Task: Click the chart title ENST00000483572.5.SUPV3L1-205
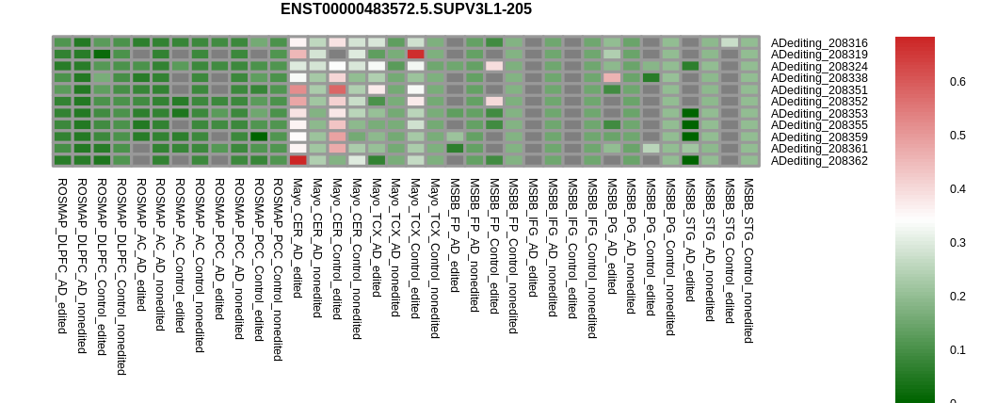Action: [406, 8]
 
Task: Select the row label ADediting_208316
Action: [819, 43]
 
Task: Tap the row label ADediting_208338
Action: [819, 78]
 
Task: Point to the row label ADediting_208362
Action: [819, 161]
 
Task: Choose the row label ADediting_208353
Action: [819, 114]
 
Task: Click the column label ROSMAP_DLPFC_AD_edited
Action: [62, 256]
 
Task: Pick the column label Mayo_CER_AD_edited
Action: [297, 238]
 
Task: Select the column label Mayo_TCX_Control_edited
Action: [414, 249]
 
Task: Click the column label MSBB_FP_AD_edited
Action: [454, 235]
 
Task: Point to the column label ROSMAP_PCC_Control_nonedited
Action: [278, 269]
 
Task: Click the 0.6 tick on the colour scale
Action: [958, 81]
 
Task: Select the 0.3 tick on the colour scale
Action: [958, 243]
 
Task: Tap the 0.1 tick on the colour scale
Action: [958, 349]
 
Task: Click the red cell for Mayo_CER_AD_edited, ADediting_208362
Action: [297, 160]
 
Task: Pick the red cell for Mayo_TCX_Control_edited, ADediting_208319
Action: [415, 55]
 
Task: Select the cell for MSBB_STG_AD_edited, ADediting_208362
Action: [690, 160]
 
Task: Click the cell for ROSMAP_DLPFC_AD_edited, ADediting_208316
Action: [62, 42]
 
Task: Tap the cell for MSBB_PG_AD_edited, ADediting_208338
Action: [612, 78]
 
